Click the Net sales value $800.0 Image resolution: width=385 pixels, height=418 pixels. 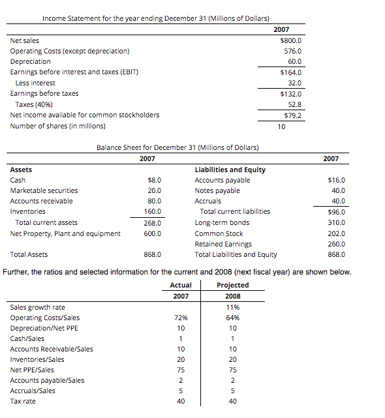point(289,40)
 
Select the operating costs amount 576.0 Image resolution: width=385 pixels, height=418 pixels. point(291,51)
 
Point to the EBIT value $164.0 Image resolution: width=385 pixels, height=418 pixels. point(289,72)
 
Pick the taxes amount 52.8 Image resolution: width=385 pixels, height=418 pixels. point(292,104)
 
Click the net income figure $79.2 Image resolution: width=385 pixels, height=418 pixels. point(290,115)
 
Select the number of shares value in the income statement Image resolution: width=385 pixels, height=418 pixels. point(281,127)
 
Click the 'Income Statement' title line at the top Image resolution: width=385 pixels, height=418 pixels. point(156,18)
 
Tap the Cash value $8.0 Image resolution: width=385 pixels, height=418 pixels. point(155,180)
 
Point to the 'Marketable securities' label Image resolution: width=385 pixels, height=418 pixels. point(44,190)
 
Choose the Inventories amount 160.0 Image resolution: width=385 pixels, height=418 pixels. point(153,211)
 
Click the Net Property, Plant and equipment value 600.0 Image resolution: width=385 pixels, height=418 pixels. point(153,233)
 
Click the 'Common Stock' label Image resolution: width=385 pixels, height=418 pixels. point(209,233)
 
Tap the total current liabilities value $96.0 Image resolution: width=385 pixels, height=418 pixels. point(337,211)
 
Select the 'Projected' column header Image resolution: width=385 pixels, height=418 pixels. point(232,285)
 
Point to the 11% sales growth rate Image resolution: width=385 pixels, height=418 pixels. point(232,307)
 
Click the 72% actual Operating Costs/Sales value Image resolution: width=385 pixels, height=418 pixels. point(181,318)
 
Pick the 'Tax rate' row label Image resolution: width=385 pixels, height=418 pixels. point(23,401)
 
